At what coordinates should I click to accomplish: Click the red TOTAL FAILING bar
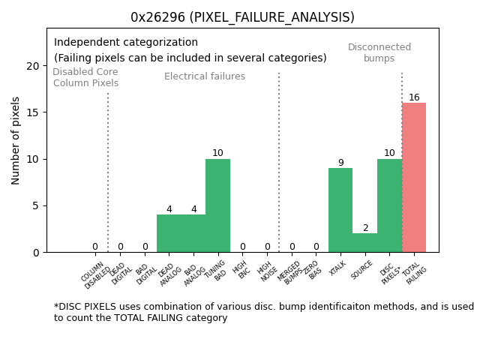click(x=414, y=178)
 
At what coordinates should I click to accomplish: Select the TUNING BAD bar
click(x=217, y=205)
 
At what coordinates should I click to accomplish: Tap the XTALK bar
click(x=340, y=210)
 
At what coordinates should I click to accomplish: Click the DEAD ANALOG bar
click(x=169, y=233)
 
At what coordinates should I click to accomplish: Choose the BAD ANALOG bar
click(x=193, y=233)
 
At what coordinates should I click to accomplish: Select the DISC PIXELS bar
click(x=389, y=205)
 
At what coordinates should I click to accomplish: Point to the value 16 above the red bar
click(x=414, y=97)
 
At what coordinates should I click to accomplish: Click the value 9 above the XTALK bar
click(x=340, y=163)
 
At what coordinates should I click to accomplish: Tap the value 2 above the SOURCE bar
click(x=365, y=228)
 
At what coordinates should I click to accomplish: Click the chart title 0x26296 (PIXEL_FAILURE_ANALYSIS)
click(x=242, y=17)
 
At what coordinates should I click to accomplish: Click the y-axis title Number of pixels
click(x=16, y=140)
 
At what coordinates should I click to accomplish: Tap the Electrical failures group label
click(x=205, y=76)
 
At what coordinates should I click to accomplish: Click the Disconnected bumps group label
click(x=379, y=52)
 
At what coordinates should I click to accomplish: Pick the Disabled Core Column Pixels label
click(x=85, y=77)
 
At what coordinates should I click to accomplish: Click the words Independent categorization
click(x=126, y=43)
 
